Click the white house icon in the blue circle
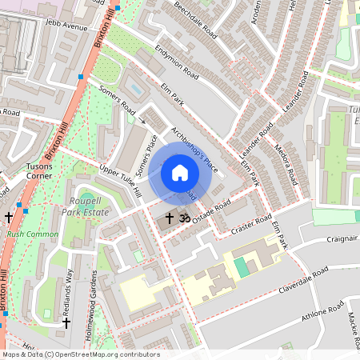coord(180,173)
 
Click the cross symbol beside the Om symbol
coord(169,217)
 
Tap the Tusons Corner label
coord(38,170)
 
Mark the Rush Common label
coord(32,234)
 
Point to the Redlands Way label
coord(68,291)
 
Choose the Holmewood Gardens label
coord(94,304)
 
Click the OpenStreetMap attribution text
coord(80,354)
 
